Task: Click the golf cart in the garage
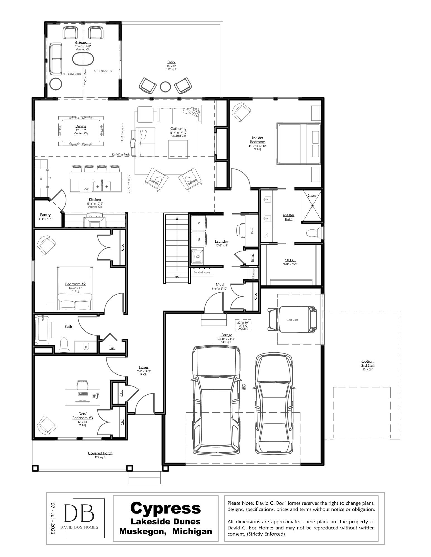pyautogui.click(x=292, y=320)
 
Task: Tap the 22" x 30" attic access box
pyautogui.click(x=243, y=325)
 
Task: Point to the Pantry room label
pyautogui.click(x=45, y=215)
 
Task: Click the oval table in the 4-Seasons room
pyautogui.click(x=83, y=58)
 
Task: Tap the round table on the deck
pyautogui.click(x=165, y=87)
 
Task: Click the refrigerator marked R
pyautogui.click(x=41, y=179)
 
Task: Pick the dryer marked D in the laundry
pyautogui.click(x=199, y=223)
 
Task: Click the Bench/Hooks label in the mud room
pyautogui.click(x=202, y=272)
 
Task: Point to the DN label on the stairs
pyautogui.click(x=177, y=277)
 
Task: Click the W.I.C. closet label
pyautogui.click(x=290, y=260)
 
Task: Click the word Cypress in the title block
pyautogui.click(x=165, y=508)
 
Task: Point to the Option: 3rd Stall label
pyautogui.click(x=368, y=363)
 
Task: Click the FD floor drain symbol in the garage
pyautogui.click(x=244, y=387)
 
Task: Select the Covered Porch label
pyautogui.click(x=100, y=453)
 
